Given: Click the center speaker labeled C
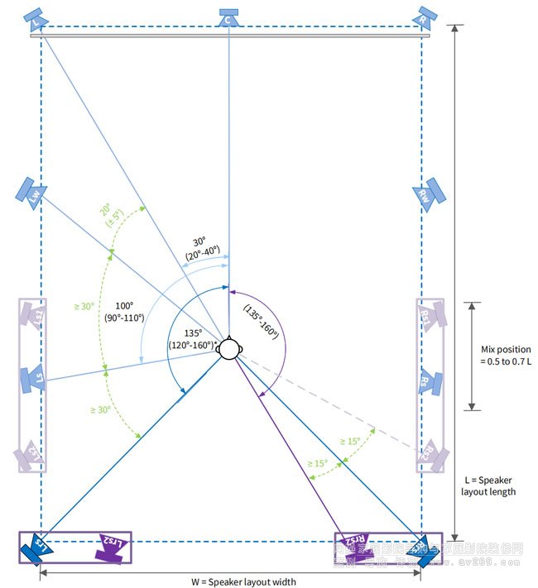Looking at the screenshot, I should click(x=229, y=17).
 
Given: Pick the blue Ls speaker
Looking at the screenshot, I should click(x=33, y=378).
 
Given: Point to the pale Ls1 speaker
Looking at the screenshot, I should click(x=34, y=316).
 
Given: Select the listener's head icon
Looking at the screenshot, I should click(x=229, y=349).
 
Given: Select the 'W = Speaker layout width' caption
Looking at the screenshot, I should click(x=243, y=581).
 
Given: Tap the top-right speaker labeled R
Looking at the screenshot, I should click(x=425, y=17).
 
